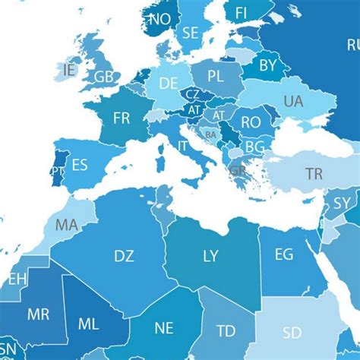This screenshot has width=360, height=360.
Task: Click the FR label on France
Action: point(122,118)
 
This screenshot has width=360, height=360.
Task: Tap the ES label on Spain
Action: point(80,165)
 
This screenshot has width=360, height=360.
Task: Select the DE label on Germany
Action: point(169,82)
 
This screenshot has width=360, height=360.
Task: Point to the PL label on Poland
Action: point(216,76)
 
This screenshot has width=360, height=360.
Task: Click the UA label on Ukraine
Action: point(292,101)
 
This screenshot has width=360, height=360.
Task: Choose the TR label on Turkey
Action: point(314,174)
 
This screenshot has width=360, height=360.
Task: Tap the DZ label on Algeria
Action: point(124,256)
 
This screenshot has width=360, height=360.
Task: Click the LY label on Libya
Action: point(210,256)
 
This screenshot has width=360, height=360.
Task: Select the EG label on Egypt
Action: point(283,254)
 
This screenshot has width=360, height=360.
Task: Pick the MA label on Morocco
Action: point(67,225)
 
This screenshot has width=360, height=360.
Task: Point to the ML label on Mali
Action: point(89,324)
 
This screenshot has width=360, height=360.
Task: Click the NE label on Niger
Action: point(164,328)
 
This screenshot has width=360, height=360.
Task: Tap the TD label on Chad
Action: point(225,331)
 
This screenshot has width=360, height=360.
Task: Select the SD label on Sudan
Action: point(291,333)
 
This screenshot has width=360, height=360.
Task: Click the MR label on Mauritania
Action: point(38,314)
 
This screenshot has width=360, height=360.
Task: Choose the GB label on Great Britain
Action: point(103,77)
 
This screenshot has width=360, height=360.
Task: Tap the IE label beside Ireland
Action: point(70,69)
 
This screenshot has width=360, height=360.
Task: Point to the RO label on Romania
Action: point(251,121)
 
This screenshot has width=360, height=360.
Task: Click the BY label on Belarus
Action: point(268,66)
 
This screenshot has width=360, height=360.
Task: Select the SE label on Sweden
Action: point(191,33)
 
